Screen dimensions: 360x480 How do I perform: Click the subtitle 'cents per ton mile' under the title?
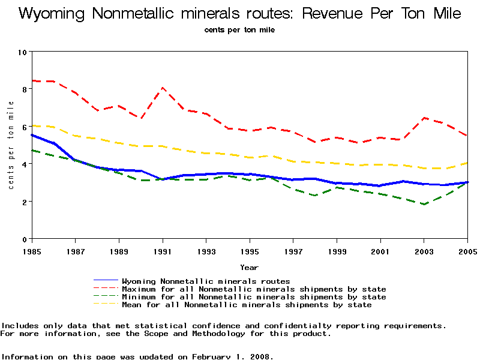239,29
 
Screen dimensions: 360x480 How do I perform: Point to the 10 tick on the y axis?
23,52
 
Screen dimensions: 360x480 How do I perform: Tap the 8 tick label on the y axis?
23,89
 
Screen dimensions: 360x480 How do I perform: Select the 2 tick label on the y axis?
23,202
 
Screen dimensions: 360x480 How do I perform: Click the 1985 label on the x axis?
32,251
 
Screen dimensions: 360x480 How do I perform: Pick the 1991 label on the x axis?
163,251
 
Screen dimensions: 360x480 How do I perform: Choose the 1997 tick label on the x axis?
293,251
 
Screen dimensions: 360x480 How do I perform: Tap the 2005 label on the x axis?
467,251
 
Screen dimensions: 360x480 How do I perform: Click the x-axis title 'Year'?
250,267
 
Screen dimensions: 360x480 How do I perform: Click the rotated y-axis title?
11,145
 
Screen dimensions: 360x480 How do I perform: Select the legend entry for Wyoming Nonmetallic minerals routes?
206,281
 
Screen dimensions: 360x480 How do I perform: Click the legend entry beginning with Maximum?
254,289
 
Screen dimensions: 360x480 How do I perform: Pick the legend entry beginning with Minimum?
254,297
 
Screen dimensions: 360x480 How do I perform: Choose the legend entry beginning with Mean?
247,305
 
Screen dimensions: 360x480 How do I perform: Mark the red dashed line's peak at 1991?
163,88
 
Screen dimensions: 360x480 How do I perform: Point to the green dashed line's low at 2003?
424,205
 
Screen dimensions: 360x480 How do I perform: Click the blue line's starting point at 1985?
32,135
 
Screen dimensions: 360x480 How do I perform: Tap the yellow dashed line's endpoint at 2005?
467,163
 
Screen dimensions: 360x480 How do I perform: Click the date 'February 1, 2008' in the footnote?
231,356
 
